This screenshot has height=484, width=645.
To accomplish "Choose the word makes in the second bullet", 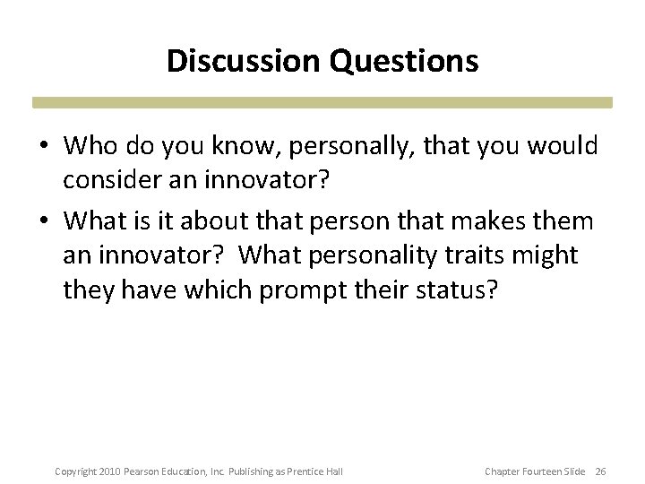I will pyautogui.click(x=496, y=220).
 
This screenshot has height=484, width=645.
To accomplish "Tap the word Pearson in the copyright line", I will pyautogui.click(x=142, y=471).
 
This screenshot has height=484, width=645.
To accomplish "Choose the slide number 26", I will pyautogui.click(x=600, y=471).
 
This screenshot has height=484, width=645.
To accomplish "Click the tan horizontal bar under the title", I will pyautogui.click(x=322, y=102).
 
